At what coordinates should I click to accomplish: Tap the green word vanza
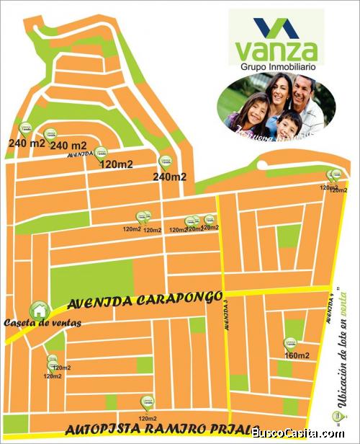(x=276, y=50)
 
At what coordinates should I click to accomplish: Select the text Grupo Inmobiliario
(x=276, y=67)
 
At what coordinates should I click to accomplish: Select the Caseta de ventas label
(x=42, y=322)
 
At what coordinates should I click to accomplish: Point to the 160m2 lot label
(x=297, y=355)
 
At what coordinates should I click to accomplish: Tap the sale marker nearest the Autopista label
(x=147, y=401)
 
